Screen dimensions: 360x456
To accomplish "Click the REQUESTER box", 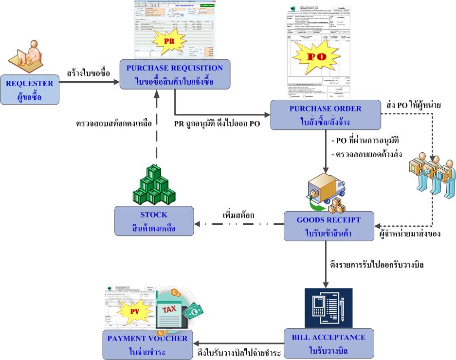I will [x=29, y=89].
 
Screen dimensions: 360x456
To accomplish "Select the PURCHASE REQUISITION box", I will [x=174, y=74].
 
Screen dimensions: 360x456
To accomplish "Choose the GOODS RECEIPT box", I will [x=329, y=225].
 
